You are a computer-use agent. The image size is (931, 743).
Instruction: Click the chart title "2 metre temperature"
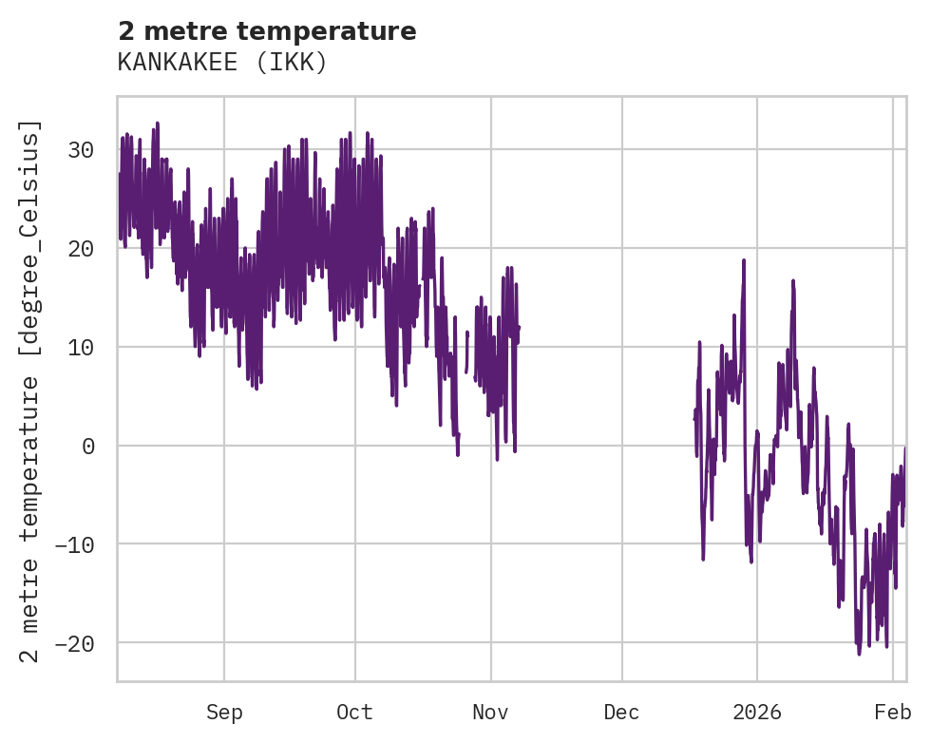point(267,31)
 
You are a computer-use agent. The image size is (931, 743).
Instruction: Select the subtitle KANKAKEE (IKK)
point(222,63)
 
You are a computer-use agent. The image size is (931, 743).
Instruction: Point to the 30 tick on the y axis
point(82,149)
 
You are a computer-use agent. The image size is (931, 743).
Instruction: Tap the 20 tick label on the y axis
point(82,248)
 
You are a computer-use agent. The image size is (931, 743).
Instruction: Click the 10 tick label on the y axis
point(82,347)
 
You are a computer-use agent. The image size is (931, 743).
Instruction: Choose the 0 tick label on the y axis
point(88,446)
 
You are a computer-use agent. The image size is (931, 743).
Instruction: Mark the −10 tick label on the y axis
point(75,544)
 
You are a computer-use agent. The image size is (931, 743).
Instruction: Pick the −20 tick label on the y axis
point(75,643)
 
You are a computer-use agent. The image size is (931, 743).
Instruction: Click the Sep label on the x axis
point(224,713)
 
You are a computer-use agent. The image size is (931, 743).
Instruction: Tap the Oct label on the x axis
point(354,713)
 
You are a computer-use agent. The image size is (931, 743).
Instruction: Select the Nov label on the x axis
point(491,713)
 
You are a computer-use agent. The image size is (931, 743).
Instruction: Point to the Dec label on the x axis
point(622,713)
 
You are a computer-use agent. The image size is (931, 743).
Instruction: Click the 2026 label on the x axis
point(757,713)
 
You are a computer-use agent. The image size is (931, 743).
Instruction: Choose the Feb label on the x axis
point(893,713)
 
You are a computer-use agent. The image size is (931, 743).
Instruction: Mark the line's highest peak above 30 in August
point(158,124)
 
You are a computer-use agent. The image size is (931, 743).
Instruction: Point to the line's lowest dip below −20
point(859,654)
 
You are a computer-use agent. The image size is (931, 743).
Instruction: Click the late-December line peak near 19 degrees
point(744,259)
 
